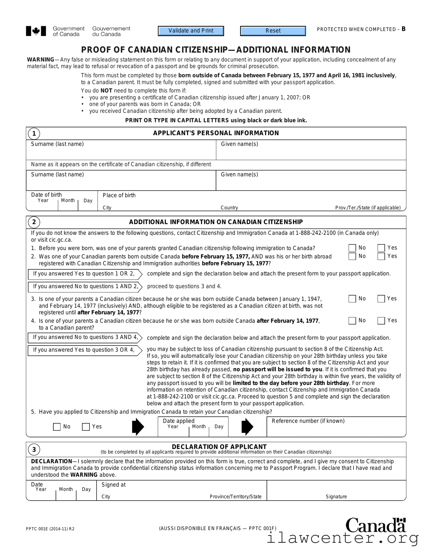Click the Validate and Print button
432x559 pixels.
pyautogui.click(x=191, y=31)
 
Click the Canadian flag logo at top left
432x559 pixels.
pyautogui.click(x=36, y=31)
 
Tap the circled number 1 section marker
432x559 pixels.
pyautogui.click(x=34, y=134)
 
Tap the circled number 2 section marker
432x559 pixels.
pyautogui.click(x=34, y=222)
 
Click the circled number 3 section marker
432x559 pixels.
pyautogui.click(x=34, y=449)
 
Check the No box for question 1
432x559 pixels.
pyautogui.click(x=352, y=248)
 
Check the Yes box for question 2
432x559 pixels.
pyautogui.click(x=381, y=256)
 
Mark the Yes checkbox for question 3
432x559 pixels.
pyautogui.click(x=381, y=299)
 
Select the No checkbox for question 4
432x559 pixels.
pyautogui.click(x=352, y=321)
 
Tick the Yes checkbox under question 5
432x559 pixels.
pyautogui.click(x=86, y=427)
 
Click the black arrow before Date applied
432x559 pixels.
pyautogui.click(x=138, y=427)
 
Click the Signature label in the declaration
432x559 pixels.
pyautogui.click(x=336, y=497)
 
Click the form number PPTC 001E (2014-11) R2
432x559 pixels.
pyautogui.click(x=50, y=529)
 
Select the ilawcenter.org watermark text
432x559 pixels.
pyautogui.click(x=342, y=539)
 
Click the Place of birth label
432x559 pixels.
pyautogui.click(x=119, y=195)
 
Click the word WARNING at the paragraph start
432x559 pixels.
pyautogui.click(x=41, y=60)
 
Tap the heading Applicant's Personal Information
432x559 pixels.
pyautogui.click(x=216, y=133)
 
